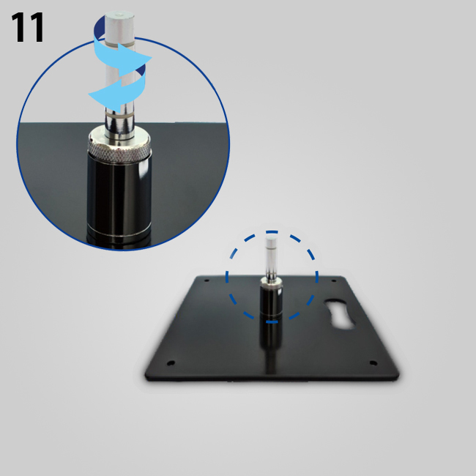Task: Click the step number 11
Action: (x=28, y=27)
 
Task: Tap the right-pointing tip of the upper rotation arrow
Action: (x=152, y=57)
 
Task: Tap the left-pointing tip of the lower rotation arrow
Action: (x=89, y=94)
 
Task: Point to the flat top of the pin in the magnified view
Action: (x=119, y=15)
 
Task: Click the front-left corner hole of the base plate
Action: (x=171, y=362)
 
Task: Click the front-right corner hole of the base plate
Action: (x=373, y=362)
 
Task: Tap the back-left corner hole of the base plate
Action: (x=207, y=280)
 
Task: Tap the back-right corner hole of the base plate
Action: (x=334, y=280)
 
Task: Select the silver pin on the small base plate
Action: (x=272, y=258)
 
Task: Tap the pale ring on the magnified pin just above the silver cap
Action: (x=119, y=116)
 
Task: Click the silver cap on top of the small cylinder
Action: (x=272, y=282)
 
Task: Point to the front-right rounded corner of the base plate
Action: (x=396, y=376)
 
